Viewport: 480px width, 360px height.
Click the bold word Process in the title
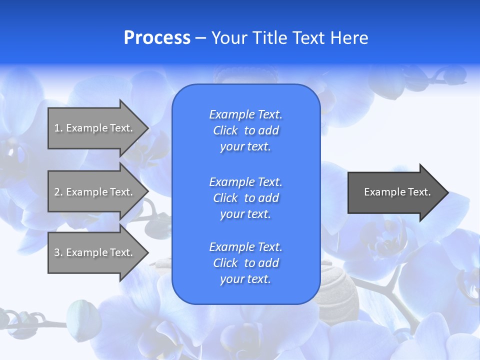point(157,38)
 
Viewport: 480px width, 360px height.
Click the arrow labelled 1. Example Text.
point(95,128)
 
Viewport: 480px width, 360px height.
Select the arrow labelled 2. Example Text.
point(95,192)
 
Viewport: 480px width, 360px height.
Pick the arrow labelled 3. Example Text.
point(95,252)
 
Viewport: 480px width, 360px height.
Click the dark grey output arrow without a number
point(395,192)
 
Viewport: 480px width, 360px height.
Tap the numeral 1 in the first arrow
point(57,128)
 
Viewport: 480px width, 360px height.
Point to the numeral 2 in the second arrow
point(57,192)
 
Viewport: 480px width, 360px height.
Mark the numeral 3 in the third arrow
point(57,252)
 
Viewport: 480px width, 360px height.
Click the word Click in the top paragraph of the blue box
point(225,131)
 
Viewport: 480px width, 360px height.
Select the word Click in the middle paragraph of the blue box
point(225,198)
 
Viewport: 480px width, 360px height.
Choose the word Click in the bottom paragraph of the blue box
point(225,263)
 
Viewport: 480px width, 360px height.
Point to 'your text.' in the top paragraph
point(245,147)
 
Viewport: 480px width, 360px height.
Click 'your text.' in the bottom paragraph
point(245,279)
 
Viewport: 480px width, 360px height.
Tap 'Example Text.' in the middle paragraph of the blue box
point(245,182)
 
